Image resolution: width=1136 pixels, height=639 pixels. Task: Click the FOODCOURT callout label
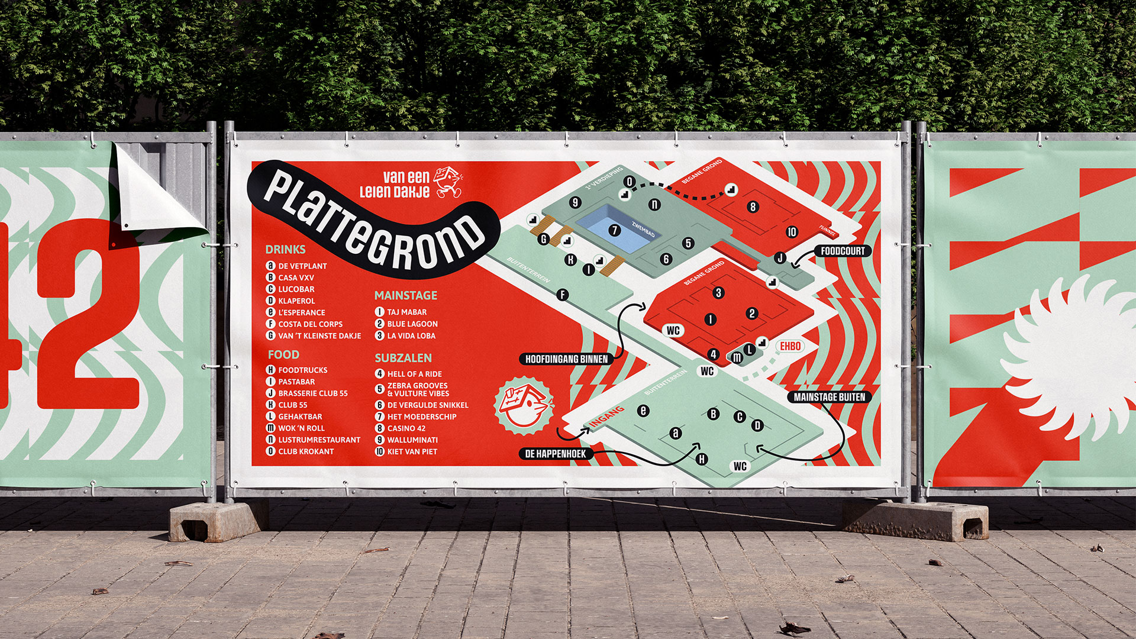click(843, 251)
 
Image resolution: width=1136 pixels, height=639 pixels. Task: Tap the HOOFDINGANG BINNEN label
click(566, 359)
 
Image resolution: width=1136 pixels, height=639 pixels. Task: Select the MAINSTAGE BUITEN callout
click(829, 397)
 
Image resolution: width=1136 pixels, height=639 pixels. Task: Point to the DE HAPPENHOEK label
click(555, 454)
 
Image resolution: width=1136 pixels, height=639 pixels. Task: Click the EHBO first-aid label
click(790, 346)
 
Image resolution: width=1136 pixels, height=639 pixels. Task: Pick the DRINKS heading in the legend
click(285, 250)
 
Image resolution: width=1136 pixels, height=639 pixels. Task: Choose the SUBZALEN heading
click(403, 358)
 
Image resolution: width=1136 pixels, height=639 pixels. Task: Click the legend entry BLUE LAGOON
click(412, 324)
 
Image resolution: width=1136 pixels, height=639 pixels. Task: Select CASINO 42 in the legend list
click(406, 428)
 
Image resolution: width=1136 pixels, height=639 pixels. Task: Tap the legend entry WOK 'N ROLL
click(301, 428)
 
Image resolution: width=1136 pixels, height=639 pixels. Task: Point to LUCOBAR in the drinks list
click(296, 289)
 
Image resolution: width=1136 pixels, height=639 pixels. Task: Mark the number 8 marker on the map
click(753, 206)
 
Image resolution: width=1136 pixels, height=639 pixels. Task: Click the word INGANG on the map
click(606, 417)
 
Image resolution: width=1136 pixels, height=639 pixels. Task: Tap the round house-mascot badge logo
click(524, 405)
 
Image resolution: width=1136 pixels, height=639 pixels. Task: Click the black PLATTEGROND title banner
click(373, 219)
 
